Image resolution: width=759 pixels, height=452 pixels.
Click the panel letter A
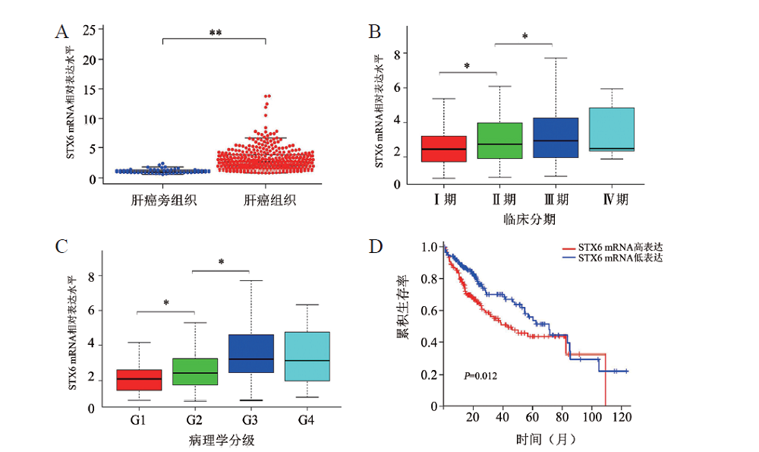(62, 31)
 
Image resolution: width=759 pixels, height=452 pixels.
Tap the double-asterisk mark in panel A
(215, 33)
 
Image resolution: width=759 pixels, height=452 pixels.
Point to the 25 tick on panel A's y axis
(89, 30)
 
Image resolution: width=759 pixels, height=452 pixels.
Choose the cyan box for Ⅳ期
(611, 130)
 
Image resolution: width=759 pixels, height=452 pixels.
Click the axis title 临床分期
(525, 219)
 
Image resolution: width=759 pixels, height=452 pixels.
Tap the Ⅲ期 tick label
(555, 200)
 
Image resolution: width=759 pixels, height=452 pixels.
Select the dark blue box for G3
(251, 353)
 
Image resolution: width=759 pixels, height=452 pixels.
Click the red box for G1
(140, 380)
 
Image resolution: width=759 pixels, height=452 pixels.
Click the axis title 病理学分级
(222, 439)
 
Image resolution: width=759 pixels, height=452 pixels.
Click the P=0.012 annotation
(480, 375)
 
